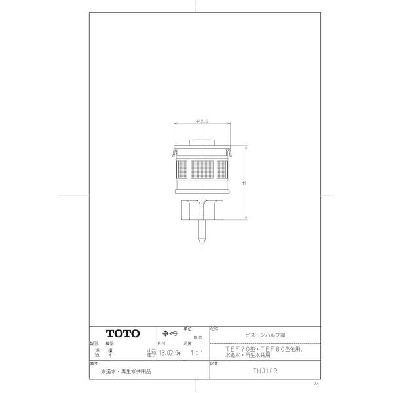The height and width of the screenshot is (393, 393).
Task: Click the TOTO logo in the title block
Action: pyautogui.click(x=123, y=333)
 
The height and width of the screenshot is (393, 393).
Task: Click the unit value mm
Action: pyautogui.click(x=196, y=335)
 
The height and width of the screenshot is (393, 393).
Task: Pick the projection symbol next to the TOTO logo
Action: pyautogui.click(x=170, y=333)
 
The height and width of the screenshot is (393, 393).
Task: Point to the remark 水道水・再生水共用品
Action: pyautogui.click(x=125, y=370)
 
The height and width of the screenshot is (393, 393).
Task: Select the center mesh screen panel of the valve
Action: pyautogui.click(x=202, y=171)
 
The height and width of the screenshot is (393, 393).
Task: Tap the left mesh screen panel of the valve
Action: pyautogui.click(x=180, y=171)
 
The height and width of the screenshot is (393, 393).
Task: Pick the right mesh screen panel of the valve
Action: pyautogui.click(x=223, y=171)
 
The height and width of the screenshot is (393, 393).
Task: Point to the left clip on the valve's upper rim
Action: pyautogui.click(x=174, y=154)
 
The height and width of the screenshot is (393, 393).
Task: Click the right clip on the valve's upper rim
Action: pyautogui.click(x=231, y=154)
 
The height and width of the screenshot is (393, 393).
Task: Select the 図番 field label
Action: pyautogui.click(x=214, y=362)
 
